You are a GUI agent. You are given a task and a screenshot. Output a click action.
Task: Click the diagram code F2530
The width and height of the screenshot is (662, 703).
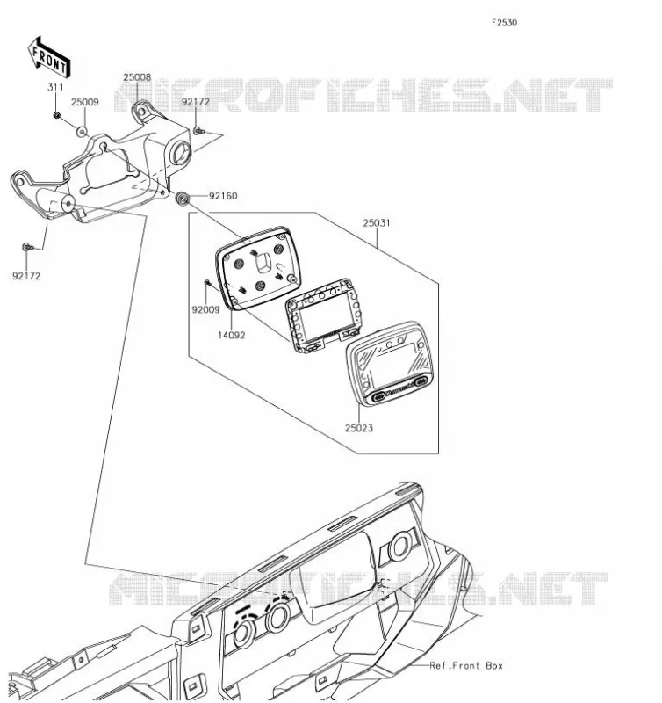504,23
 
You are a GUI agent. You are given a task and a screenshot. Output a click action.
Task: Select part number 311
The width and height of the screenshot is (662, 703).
55,87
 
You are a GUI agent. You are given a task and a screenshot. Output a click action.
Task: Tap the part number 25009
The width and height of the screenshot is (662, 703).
84,102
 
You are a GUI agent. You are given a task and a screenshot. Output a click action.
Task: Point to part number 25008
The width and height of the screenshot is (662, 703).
137,77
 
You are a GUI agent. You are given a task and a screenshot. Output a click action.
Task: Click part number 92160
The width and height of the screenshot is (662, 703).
223,196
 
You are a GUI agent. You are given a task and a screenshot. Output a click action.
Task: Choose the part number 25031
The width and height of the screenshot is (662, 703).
377,223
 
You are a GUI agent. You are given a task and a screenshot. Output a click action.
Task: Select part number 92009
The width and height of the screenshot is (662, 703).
205,310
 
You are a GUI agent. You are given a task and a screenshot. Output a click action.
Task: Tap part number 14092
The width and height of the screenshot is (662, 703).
232,336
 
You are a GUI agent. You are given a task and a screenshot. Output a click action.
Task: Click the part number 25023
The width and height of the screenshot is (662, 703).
359,428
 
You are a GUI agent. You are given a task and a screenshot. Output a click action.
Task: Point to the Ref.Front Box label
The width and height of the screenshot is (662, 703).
466,666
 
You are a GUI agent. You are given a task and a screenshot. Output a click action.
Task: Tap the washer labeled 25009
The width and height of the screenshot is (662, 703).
82,132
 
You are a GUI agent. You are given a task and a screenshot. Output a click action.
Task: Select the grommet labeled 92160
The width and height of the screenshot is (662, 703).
183,199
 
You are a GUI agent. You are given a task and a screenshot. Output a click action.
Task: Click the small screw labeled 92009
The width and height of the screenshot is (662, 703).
207,282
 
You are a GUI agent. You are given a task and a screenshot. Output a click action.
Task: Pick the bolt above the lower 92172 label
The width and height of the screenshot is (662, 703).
28,247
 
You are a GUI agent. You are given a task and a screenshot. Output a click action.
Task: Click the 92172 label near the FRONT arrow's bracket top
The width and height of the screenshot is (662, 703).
195,102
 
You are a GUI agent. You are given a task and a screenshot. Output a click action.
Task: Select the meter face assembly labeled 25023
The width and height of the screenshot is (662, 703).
389,364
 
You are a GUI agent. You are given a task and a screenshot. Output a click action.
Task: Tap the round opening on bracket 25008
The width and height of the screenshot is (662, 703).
181,152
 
